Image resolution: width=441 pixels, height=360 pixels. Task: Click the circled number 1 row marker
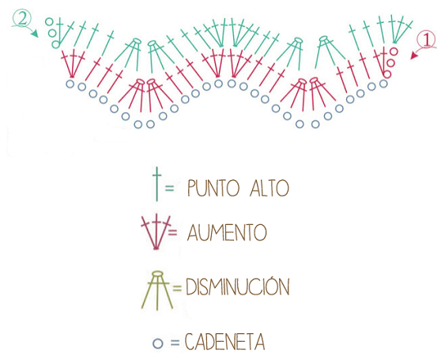tap(427, 40)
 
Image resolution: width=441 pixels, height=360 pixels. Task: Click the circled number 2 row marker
tap(21, 19)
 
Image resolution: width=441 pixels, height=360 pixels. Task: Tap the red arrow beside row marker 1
tap(419, 53)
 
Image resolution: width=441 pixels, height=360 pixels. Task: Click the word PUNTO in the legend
tap(213, 188)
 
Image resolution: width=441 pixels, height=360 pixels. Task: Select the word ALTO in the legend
tap(269, 188)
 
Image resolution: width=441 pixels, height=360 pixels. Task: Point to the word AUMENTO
tap(227, 232)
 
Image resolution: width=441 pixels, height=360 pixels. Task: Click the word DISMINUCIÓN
tap(238, 286)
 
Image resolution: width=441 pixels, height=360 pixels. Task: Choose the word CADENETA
tap(224, 342)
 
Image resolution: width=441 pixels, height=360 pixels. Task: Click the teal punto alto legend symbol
tap(156, 184)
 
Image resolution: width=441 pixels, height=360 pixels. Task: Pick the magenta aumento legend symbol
tap(156, 232)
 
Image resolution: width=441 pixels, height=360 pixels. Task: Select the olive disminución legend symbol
tap(157, 291)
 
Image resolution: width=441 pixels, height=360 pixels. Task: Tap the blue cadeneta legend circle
tap(158, 343)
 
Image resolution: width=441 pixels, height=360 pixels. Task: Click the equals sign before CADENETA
tap(175, 343)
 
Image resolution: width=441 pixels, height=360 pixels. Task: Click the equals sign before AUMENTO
tap(172, 232)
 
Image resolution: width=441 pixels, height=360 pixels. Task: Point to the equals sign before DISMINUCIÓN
tap(177, 288)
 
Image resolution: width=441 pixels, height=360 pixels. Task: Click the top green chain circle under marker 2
tap(49, 21)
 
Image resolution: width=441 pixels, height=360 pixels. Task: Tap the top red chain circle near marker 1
tap(394, 51)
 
